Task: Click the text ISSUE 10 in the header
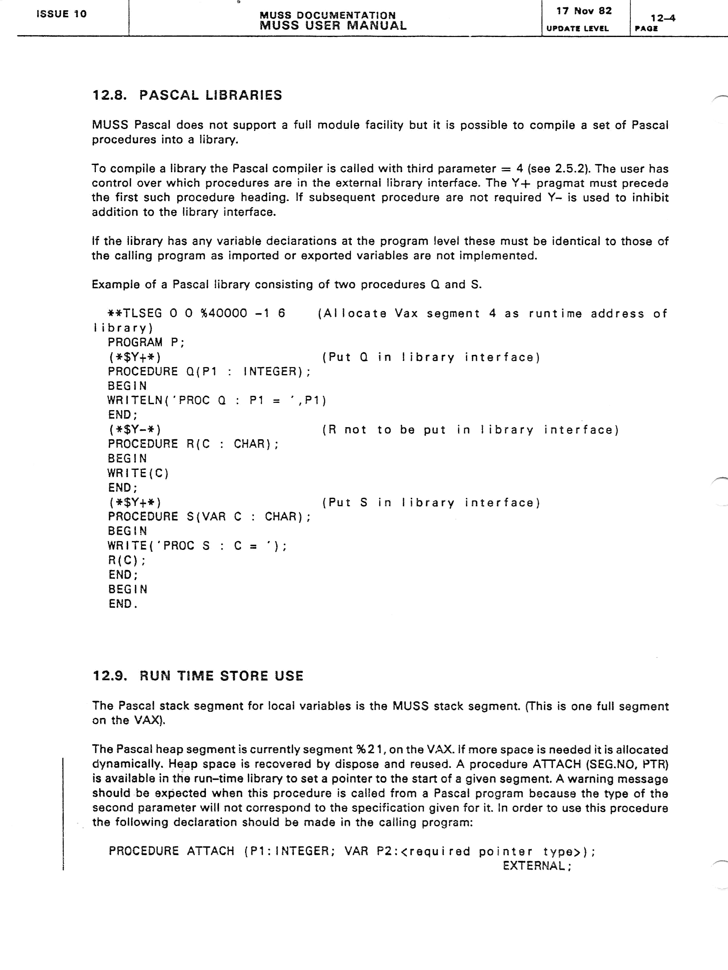click(x=62, y=14)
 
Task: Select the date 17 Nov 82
click(x=584, y=11)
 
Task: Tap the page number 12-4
click(x=662, y=18)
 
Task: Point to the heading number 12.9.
click(x=110, y=676)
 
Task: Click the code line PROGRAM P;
click(x=146, y=342)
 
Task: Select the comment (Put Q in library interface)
click(x=431, y=357)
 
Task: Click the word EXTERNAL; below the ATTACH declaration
click(x=537, y=866)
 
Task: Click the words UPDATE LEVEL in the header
click(x=578, y=29)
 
